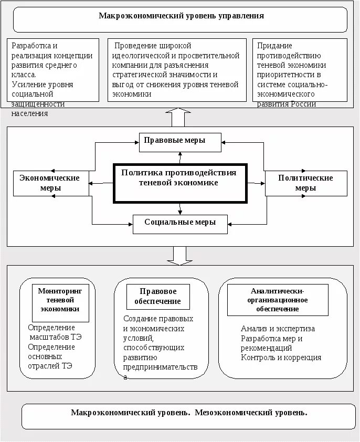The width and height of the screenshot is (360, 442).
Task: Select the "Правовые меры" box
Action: tap(179, 141)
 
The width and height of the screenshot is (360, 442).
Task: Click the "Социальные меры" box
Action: tap(180, 223)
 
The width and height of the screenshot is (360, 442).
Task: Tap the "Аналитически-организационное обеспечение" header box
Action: tap(278, 300)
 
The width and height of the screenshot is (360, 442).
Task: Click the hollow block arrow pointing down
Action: tap(179, 256)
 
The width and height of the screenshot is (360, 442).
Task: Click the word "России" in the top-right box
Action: tap(304, 103)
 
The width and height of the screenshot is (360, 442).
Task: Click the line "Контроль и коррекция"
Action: tap(281, 357)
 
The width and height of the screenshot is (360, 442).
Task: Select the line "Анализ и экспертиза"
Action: tap(278, 329)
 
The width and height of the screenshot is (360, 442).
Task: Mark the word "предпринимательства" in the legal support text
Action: tap(161, 367)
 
